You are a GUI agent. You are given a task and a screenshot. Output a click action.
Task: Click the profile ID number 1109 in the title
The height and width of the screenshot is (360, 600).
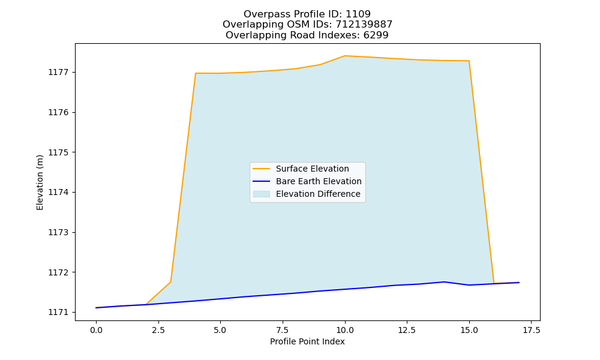point(358,14)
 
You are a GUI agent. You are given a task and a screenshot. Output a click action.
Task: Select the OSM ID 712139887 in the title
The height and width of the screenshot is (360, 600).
point(364,25)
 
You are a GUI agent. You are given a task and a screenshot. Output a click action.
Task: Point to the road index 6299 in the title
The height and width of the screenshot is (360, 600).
point(376,35)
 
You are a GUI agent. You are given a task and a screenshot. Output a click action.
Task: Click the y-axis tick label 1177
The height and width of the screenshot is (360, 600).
point(56,73)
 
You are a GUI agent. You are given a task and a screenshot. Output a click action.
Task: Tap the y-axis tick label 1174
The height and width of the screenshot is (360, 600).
point(56,193)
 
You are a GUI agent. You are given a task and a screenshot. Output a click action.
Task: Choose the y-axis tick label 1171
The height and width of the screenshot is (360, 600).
point(56,313)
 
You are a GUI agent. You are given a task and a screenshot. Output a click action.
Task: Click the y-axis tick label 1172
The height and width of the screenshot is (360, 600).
point(56,272)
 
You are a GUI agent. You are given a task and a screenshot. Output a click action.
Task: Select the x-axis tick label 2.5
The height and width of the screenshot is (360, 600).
point(158,330)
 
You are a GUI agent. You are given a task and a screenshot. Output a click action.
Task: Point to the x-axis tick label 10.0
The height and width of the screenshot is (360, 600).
point(345,330)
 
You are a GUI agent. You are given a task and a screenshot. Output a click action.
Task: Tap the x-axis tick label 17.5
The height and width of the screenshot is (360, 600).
point(532,330)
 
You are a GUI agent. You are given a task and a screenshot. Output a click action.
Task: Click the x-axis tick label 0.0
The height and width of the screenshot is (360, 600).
point(96,330)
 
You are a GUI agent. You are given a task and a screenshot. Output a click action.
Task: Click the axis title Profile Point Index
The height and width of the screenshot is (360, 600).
point(307,341)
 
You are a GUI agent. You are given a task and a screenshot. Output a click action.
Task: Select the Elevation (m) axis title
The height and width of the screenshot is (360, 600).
point(40,182)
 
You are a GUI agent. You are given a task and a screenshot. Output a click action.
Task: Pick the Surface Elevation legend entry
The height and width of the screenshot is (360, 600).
point(312,169)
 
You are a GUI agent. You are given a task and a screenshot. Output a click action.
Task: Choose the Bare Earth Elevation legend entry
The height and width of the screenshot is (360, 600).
point(319,181)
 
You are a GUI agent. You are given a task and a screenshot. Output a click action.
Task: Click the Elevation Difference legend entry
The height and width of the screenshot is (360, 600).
point(318,194)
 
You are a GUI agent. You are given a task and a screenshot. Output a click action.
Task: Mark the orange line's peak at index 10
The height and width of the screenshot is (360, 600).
point(345,56)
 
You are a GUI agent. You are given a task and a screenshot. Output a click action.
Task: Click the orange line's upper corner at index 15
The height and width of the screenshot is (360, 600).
point(469,61)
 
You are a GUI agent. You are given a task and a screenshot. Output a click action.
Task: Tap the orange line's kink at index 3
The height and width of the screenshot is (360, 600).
point(170,282)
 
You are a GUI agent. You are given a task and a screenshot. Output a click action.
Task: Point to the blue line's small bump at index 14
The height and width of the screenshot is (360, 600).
point(444,282)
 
